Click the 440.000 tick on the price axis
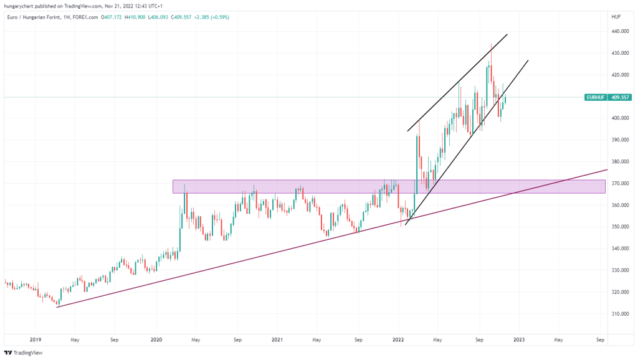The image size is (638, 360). [620, 32]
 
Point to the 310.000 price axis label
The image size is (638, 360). [620, 314]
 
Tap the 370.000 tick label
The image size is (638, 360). [620, 184]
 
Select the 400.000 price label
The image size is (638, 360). [620, 118]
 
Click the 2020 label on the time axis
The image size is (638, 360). [156, 340]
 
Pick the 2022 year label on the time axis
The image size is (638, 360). [398, 340]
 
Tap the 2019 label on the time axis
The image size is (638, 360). [36, 340]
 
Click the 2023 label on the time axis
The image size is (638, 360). [519, 340]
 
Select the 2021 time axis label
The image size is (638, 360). [277, 340]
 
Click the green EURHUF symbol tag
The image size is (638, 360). [597, 98]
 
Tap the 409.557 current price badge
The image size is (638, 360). [621, 98]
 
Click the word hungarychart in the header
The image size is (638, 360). [20, 6]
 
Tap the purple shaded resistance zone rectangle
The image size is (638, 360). [312, 186]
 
